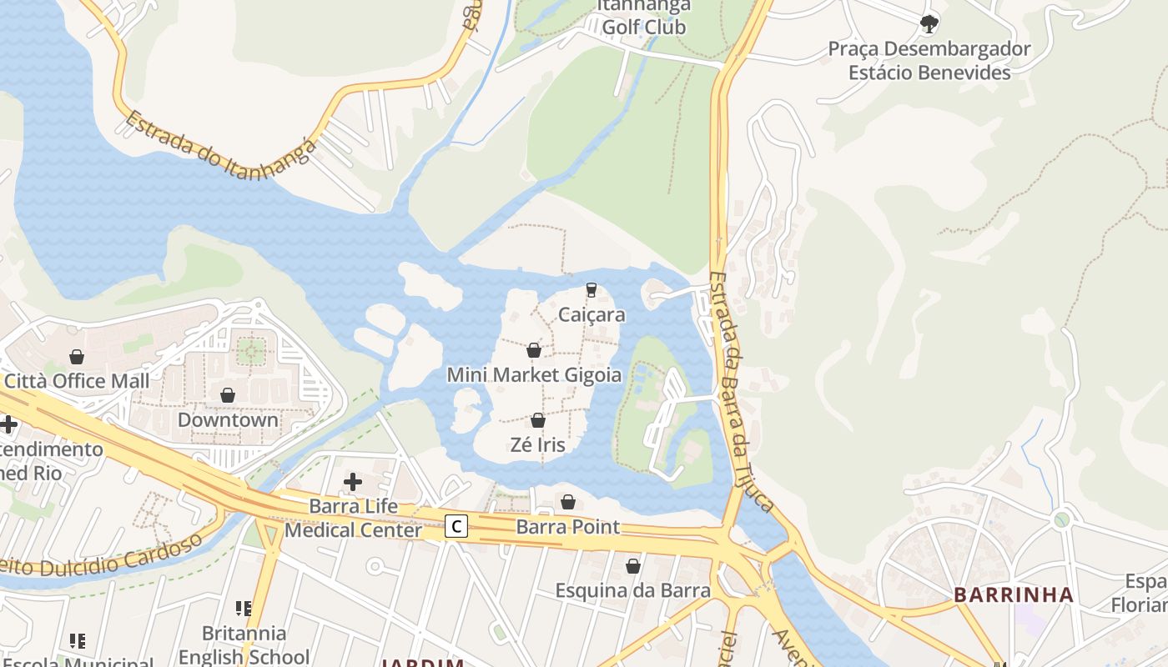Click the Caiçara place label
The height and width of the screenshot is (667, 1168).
click(x=592, y=315)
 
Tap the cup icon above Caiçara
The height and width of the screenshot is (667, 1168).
click(x=592, y=289)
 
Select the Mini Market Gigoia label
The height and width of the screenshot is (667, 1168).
click(x=534, y=374)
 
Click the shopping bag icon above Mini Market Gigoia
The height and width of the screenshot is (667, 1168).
click(x=534, y=350)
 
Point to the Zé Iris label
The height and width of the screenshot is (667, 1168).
click(x=537, y=444)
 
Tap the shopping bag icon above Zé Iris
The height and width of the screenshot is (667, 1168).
click(x=538, y=420)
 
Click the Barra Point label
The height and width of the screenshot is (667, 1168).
click(x=567, y=527)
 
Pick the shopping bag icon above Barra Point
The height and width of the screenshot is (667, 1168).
click(x=568, y=502)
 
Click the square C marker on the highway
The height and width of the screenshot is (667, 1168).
click(x=456, y=526)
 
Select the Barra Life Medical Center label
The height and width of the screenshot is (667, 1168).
click(x=354, y=518)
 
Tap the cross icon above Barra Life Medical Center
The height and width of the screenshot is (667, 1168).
click(x=353, y=482)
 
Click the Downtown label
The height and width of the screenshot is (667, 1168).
click(x=228, y=419)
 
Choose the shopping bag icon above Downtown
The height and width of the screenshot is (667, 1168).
click(x=228, y=395)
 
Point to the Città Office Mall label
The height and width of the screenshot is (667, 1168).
click(x=77, y=381)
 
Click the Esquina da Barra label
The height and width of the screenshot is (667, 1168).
click(x=633, y=590)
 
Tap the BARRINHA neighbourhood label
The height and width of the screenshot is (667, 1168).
click(x=1014, y=595)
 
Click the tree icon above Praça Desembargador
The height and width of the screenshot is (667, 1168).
click(x=929, y=23)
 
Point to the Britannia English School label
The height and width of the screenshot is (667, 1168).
click(x=244, y=644)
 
